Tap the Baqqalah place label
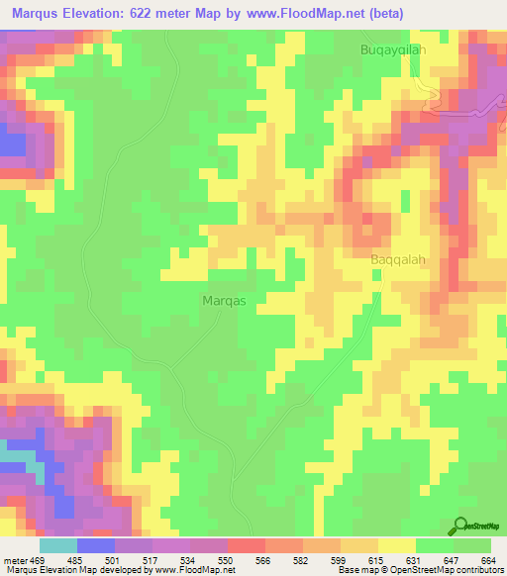398,260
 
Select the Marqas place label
224,299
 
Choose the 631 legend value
417,559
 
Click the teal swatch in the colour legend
58,545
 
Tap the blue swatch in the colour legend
96,545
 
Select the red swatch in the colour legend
247,545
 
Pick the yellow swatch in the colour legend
397,545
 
